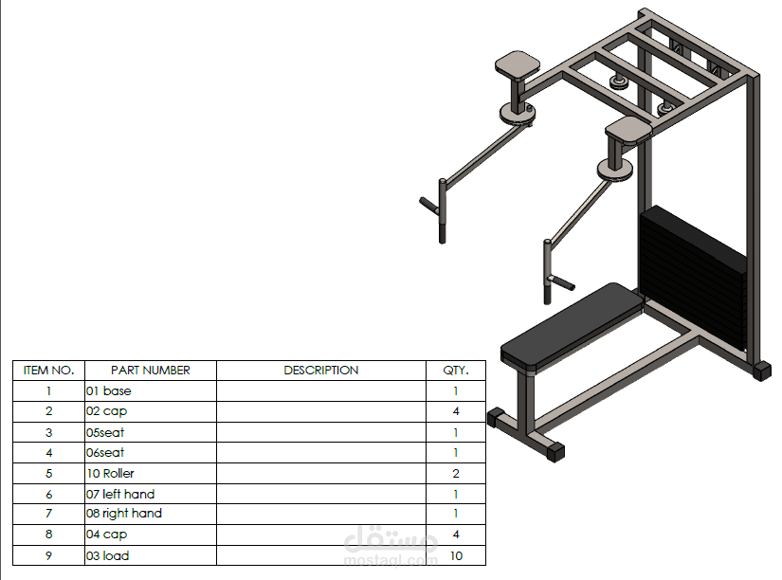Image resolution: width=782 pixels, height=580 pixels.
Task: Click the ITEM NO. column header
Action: coord(48,371)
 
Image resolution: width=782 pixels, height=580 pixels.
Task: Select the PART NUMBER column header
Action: coord(151,371)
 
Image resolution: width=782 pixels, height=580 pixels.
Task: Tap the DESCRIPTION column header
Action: coord(320,371)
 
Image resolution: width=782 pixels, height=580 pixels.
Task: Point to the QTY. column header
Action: coord(455,371)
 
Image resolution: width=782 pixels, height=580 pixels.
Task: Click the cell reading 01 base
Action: coord(109,390)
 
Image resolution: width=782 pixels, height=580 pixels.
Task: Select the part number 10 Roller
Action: coord(111,473)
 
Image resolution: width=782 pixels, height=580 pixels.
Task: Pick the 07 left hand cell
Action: coord(120,494)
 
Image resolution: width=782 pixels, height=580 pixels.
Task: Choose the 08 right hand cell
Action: coord(124,514)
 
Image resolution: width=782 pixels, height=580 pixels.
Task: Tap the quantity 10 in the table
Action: coord(456,555)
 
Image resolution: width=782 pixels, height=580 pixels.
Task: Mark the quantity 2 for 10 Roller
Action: coord(456,473)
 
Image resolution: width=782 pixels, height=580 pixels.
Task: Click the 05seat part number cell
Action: coord(105,432)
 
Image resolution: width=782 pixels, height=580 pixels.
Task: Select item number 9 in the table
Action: coord(48,555)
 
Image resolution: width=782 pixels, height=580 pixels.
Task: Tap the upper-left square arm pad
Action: coord(518,65)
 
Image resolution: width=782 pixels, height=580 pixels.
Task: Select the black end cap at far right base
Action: coord(762,371)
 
